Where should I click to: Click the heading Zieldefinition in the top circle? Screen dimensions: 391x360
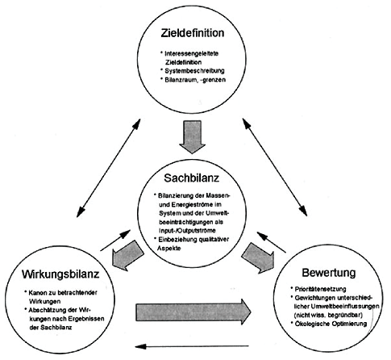pyautogui.click(x=193, y=33)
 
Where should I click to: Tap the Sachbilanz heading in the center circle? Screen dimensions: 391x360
pyautogui.click(x=192, y=178)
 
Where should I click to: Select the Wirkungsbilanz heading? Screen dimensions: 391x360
pyautogui.click(x=60, y=274)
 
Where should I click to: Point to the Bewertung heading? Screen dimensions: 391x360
pyautogui.click(x=329, y=273)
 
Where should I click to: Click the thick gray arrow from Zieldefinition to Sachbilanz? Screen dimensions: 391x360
pyautogui.click(x=192, y=136)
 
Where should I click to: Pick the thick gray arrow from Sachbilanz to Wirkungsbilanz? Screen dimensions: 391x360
pyautogui.click(x=127, y=255)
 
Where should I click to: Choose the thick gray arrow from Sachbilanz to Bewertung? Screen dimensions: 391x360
pyautogui.click(x=258, y=257)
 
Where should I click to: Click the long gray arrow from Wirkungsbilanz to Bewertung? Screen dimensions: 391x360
pyautogui.click(x=193, y=312)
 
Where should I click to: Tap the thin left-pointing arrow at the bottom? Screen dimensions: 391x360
pyautogui.click(x=192, y=346)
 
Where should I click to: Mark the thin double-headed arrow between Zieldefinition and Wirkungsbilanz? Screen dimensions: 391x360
pyautogui.click(x=109, y=168)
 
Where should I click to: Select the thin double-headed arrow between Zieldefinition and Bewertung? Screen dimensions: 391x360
pyautogui.click(x=275, y=167)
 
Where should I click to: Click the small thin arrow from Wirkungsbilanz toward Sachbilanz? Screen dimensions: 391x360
pyautogui.click(x=115, y=241)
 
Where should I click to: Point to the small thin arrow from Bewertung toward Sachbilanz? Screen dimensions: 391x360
pyautogui.click(x=271, y=242)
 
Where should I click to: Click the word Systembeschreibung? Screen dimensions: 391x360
pyautogui.click(x=194, y=71)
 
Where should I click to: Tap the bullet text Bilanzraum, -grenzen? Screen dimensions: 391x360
pyautogui.click(x=195, y=80)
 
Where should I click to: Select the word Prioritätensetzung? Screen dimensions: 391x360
pyautogui.click(x=321, y=289)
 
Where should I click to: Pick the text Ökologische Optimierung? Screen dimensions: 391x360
pyautogui.click(x=331, y=324)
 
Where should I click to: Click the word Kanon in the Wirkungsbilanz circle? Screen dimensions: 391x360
pyautogui.click(x=37, y=292)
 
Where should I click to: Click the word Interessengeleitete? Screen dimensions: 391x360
pyautogui.click(x=192, y=53)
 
